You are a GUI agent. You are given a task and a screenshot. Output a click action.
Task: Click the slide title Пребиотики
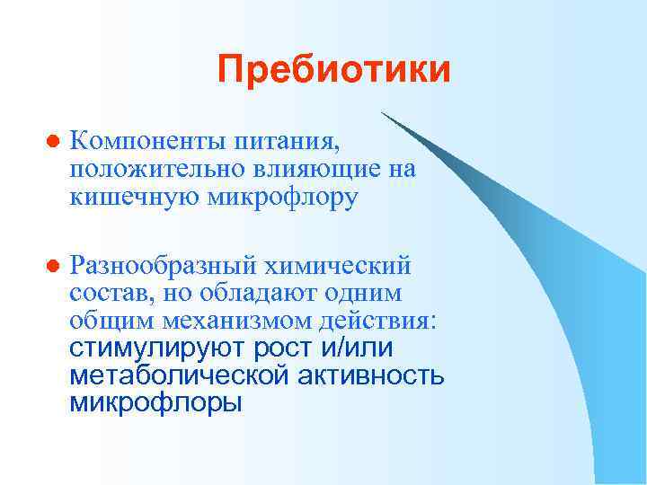[333, 69]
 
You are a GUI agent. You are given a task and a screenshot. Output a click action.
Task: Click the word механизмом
[232, 321]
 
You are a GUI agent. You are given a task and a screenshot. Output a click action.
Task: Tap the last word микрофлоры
[155, 403]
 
